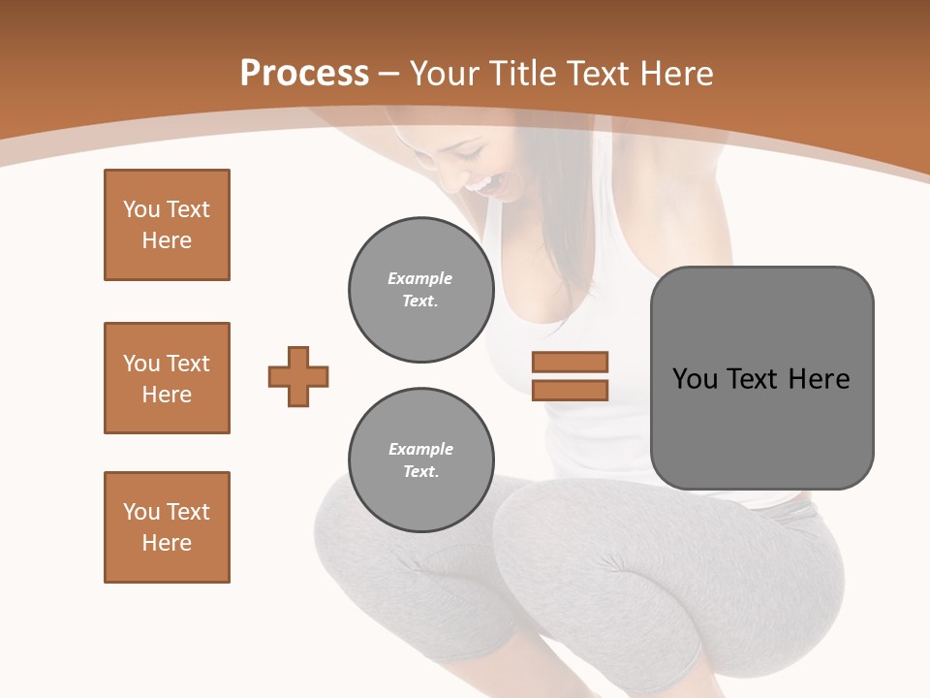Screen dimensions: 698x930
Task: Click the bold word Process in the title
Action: (x=304, y=74)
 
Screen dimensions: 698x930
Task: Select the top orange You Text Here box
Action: (x=167, y=225)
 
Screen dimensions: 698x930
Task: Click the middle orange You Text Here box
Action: (x=167, y=378)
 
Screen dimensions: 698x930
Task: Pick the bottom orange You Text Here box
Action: (x=167, y=527)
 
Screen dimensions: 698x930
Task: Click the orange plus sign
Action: (x=298, y=376)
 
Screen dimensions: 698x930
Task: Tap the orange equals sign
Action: (x=570, y=376)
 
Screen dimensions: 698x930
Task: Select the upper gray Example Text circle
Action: (x=421, y=290)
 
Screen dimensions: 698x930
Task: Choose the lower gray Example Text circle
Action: (x=421, y=460)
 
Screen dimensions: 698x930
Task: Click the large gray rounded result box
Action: (x=761, y=378)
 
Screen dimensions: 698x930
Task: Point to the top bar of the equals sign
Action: (x=570, y=363)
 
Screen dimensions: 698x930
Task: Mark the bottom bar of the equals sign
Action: (x=570, y=390)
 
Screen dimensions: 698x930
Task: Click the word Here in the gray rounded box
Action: (x=819, y=379)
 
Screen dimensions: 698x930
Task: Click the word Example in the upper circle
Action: (x=420, y=278)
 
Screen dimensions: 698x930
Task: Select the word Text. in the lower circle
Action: (x=420, y=472)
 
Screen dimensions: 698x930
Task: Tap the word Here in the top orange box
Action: (x=167, y=240)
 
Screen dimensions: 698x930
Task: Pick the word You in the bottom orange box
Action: (x=140, y=512)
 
